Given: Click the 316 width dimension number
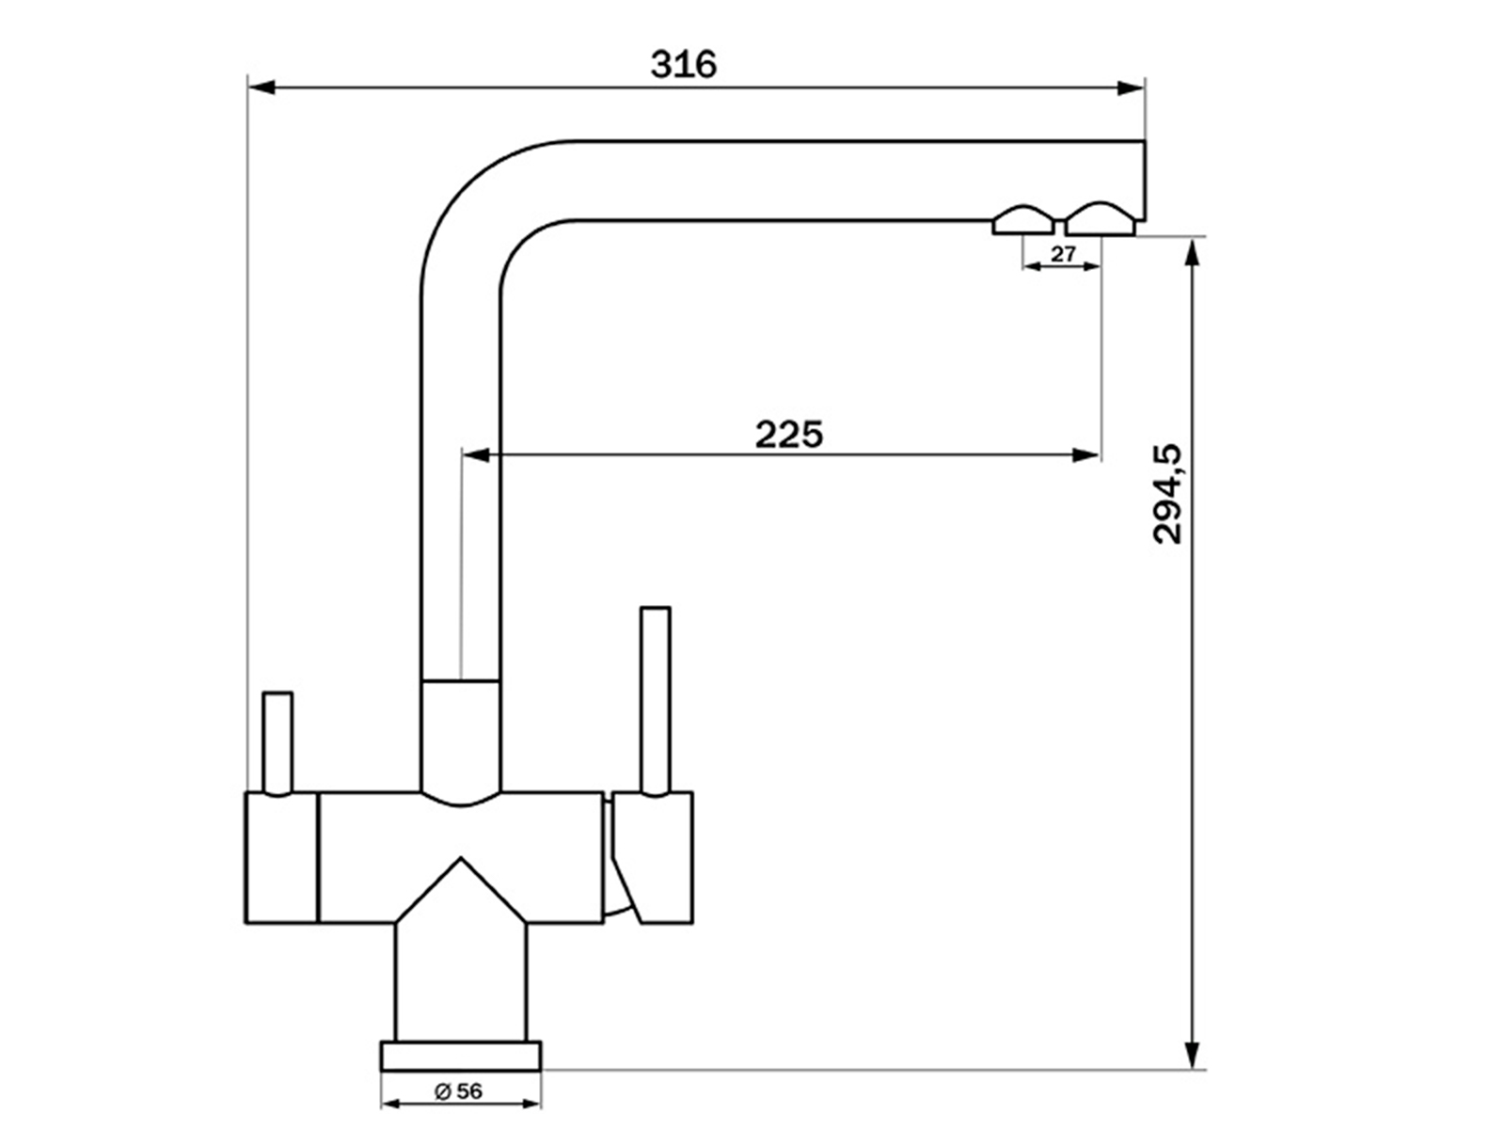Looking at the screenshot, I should [684, 65].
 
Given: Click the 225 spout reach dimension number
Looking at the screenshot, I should [788, 435].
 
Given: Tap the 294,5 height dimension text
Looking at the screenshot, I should [1167, 494].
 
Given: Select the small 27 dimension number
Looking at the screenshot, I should [1063, 254].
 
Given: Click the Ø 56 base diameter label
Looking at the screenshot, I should [459, 1091].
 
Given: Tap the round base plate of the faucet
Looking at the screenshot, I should [461, 1056].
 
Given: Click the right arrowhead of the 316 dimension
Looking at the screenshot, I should [1132, 87].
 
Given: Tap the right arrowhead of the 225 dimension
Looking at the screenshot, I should [1086, 455].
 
